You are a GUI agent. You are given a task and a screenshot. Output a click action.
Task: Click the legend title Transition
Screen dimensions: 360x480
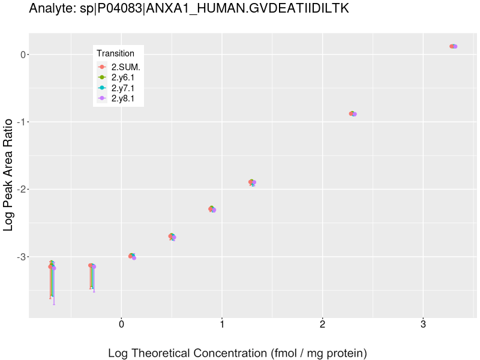tap(115, 53)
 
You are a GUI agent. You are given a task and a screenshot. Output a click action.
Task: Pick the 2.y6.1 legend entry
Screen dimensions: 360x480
tap(127, 77)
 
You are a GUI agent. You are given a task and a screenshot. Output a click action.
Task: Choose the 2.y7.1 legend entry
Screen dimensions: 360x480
tap(127, 88)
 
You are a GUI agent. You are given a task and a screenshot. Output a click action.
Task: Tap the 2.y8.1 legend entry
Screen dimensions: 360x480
tap(127, 98)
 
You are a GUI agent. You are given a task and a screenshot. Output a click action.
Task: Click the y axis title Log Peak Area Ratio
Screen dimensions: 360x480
tap(9, 175)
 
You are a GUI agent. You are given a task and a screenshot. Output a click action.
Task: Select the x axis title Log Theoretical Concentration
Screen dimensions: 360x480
tap(237, 353)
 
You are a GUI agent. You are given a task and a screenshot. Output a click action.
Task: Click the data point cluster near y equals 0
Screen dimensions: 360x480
tap(453, 46)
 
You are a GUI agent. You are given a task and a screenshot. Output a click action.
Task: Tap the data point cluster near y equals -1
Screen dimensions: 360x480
tap(353, 113)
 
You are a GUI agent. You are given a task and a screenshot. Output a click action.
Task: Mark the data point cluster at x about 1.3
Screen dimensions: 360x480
tap(252, 182)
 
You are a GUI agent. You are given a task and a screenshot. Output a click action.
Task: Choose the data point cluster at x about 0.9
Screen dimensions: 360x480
tap(212, 209)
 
